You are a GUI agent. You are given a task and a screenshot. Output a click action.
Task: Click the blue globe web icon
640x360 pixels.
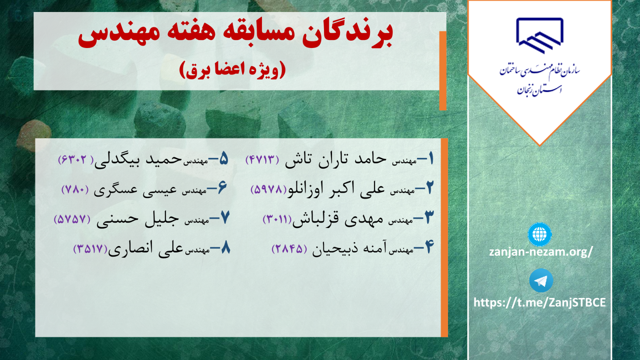coord(540,234)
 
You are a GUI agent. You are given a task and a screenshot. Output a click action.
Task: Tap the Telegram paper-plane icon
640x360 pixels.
coord(541,280)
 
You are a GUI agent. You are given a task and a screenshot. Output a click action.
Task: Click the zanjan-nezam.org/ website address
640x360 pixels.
coord(541,252)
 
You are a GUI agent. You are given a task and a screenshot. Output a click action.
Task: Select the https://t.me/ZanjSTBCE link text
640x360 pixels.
coord(540,302)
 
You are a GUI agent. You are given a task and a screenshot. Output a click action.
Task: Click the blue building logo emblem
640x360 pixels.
coord(540,36)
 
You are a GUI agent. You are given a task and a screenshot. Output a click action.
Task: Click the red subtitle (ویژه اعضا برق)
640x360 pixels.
coord(232,70)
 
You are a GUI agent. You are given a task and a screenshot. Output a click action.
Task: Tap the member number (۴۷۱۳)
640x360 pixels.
coord(262,160)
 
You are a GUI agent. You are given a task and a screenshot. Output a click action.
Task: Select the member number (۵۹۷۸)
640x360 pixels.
coord(269,189)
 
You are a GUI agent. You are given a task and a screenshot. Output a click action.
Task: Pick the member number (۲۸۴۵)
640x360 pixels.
coord(289,249)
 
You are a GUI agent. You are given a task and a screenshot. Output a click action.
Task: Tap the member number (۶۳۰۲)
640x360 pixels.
coord(76,160)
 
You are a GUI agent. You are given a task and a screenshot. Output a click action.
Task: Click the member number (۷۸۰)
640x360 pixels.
coord(75,190)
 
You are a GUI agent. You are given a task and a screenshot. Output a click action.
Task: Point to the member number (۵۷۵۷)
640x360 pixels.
coord(72,219)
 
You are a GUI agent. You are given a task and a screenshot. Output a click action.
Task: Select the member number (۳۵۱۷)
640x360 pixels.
coord(90,249)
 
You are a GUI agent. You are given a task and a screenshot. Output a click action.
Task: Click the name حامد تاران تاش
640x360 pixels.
coord(336,160)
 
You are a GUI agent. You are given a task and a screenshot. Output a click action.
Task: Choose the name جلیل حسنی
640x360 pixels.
coord(138,219)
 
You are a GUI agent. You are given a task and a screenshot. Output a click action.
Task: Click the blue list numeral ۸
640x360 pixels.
coord(225,248)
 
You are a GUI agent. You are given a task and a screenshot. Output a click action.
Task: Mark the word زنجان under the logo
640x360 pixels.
coord(526,91)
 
